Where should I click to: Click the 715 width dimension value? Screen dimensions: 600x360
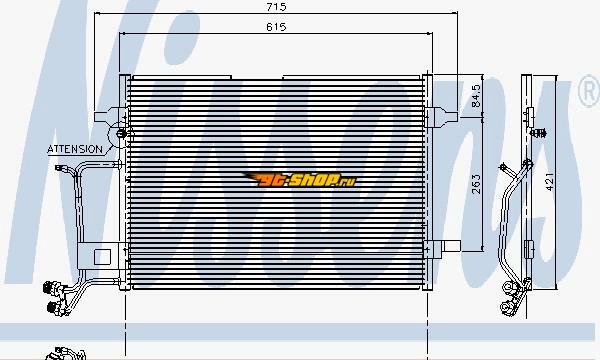coord(276,7)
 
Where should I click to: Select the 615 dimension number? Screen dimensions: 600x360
coord(276,27)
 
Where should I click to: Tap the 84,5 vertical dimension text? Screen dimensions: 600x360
coord(476,96)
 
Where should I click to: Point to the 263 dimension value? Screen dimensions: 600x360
coord(476,184)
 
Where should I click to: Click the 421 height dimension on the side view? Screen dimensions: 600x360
coord(549,182)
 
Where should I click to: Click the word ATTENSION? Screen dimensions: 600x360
coord(75,149)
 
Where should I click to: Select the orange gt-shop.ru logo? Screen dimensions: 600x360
coord(300,179)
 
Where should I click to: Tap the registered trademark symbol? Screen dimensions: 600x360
coord(590,91)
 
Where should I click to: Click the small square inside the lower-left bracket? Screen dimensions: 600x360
coord(102,257)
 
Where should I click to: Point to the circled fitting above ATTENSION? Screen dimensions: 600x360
coord(121,134)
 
